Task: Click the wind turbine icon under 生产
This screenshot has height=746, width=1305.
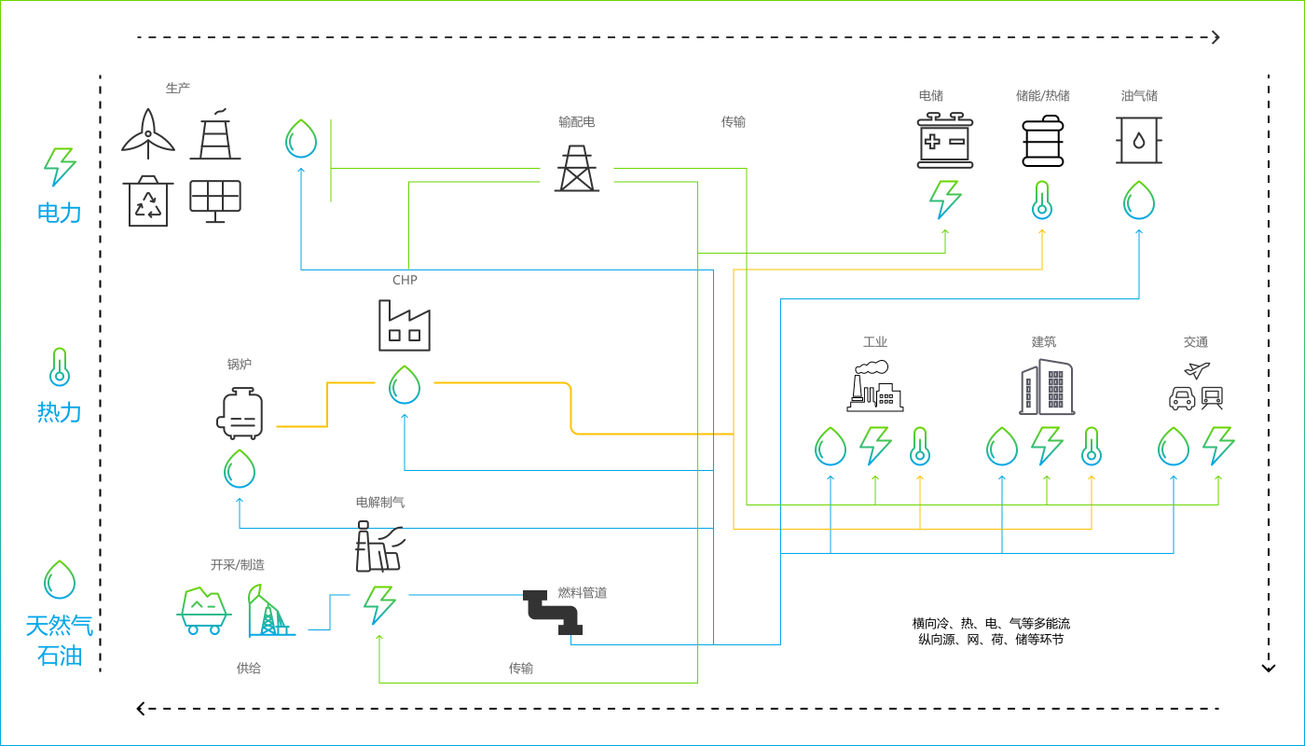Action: (147, 134)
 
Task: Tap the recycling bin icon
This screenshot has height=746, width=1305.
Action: (147, 201)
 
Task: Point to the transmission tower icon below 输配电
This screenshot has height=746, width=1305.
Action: (577, 169)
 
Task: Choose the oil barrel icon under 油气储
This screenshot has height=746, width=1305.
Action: (1138, 140)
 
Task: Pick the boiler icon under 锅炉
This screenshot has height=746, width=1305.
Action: (240, 413)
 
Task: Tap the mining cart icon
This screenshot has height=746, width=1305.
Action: (204, 611)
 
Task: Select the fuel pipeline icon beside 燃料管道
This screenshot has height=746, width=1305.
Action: (553, 613)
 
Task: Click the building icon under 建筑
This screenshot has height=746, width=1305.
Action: (1046, 387)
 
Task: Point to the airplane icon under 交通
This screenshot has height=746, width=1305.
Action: (1197, 370)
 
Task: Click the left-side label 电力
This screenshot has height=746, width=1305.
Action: (60, 213)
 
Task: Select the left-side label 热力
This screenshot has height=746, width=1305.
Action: (60, 411)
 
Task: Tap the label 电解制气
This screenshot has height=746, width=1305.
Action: (380, 502)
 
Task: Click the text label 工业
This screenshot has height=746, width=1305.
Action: (874, 342)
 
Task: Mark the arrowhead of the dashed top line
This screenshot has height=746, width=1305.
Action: (1216, 37)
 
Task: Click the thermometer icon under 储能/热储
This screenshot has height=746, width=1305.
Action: (1042, 200)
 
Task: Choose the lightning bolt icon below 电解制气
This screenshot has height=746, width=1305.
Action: (379, 604)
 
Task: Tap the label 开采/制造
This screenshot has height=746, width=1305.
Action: (237, 565)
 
